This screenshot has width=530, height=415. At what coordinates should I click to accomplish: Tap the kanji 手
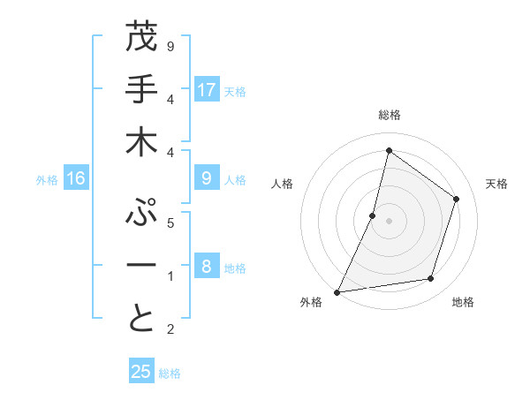tap(141, 90)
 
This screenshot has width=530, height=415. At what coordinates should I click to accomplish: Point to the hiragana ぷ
tap(141, 214)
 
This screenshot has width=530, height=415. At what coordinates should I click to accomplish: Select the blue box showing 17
tap(207, 90)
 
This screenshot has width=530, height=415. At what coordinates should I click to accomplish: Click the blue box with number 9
tap(207, 178)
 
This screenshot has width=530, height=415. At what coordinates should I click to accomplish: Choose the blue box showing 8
tap(207, 267)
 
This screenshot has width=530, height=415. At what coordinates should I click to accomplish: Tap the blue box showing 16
tap(76, 178)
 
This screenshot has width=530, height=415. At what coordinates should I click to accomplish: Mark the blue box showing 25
tap(141, 372)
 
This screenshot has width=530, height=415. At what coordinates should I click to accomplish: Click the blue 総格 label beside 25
tap(170, 373)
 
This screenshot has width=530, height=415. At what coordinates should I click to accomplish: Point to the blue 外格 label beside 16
tap(47, 180)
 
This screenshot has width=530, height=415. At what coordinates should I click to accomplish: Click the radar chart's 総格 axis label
tap(389, 116)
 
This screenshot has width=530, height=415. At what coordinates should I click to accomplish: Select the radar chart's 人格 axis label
tap(283, 184)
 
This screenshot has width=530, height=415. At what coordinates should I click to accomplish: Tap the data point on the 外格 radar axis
tap(337, 292)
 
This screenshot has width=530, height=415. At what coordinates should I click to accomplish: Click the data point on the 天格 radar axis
tap(456, 199)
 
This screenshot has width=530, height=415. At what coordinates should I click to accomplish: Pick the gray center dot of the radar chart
tap(389, 221)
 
